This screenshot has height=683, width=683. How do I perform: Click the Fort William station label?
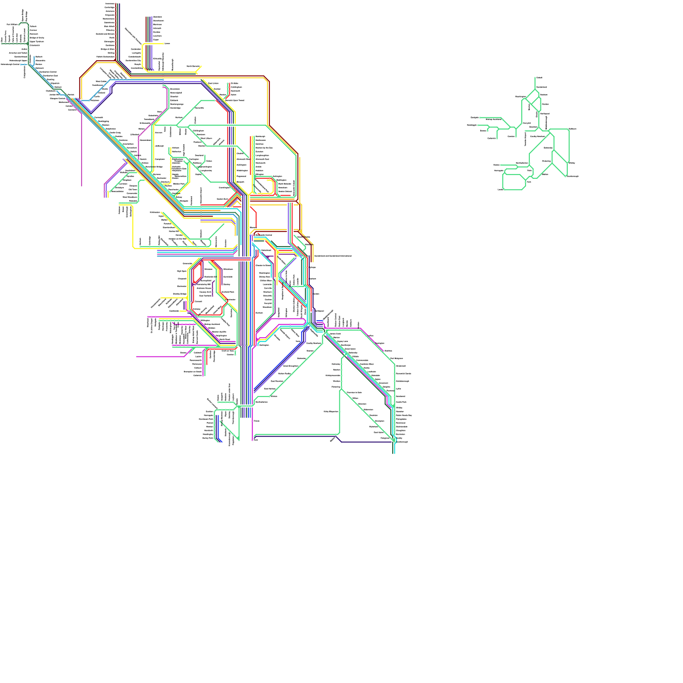12,25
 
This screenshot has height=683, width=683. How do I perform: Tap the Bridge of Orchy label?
37,38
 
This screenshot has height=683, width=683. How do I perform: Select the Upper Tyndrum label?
37,41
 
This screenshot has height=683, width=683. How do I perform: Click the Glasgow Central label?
57,99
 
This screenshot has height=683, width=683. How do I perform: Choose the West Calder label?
101,81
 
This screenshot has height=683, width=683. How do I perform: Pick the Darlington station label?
264,345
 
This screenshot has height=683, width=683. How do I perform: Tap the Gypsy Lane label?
342,341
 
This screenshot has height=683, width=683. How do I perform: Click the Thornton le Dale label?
354,392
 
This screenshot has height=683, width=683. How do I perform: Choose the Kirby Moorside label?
331,412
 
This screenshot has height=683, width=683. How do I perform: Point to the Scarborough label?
402,442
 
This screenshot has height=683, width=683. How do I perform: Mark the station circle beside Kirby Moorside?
340,412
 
